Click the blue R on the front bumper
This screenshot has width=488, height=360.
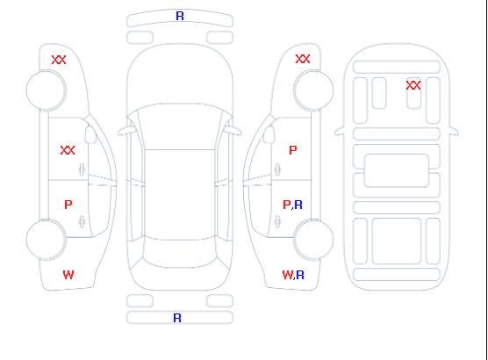pos(180,16)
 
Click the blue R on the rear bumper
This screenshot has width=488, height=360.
pos(177,318)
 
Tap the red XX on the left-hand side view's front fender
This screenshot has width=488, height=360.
pos(59,60)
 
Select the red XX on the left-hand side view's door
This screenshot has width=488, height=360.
pos(68,150)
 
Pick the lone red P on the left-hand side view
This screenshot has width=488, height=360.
pos(68,205)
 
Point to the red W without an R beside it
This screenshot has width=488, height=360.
pos(68,275)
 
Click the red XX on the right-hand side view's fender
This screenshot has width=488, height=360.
pos(303,59)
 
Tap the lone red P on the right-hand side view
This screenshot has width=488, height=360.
pos(293,150)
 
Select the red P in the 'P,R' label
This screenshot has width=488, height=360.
pos(286,205)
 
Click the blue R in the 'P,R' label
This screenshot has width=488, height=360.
pos(298,205)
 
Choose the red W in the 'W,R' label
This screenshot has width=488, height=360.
pos(288,275)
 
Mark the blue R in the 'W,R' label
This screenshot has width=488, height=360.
pos(300,275)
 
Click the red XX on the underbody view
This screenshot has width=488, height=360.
pos(413,85)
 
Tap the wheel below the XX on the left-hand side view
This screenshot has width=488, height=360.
pos(46,90)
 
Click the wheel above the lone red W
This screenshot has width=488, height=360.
pos(46,240)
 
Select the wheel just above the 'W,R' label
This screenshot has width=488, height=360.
pos(313,239)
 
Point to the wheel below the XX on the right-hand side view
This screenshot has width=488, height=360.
pos(313,90)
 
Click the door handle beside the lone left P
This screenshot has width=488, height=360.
pos(83,221)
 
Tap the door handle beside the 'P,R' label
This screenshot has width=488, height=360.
pos(277,221)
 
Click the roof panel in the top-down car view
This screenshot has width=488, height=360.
pos(180,195)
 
